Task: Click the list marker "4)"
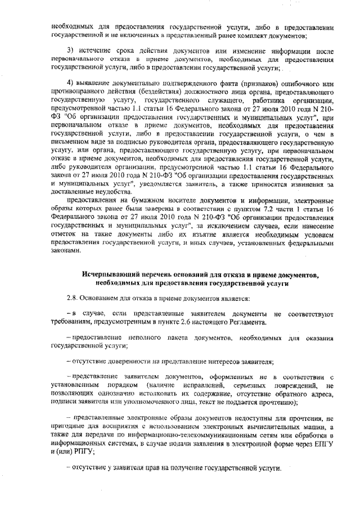[x=71, y=84]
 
